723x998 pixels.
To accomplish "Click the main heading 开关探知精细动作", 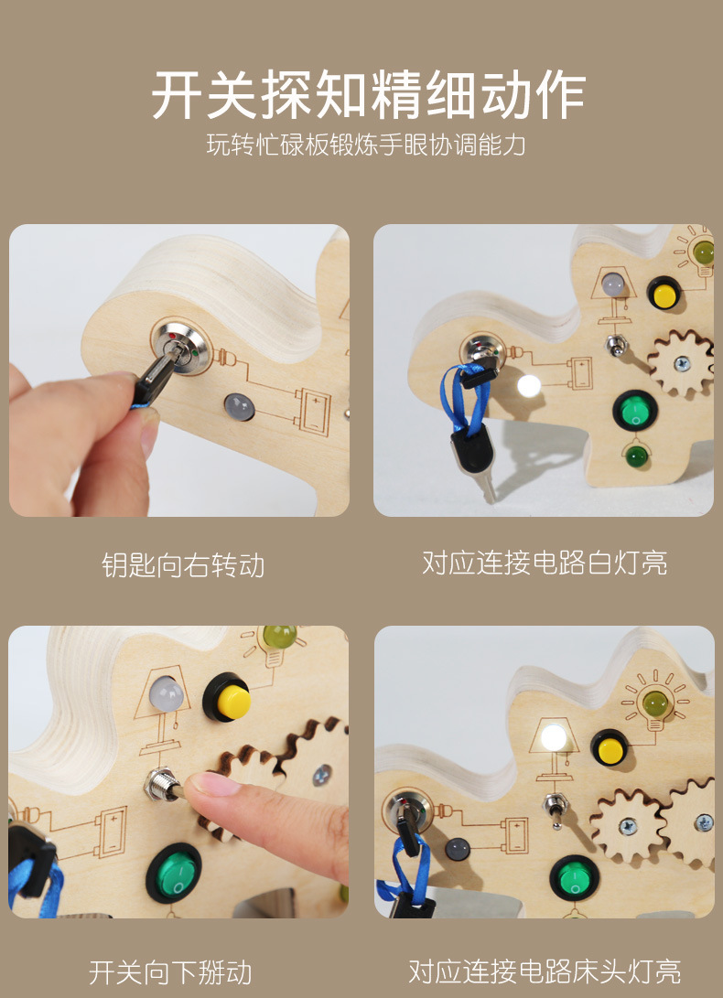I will coord(368,95).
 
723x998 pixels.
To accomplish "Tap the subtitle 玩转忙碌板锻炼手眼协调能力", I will coord(366,145).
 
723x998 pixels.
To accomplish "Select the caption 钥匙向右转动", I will coord(183,565).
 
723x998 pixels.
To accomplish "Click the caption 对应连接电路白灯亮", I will coord(545,563).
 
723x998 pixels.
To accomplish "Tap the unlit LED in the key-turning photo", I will coord(238,406).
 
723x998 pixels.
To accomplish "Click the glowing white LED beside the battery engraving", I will coord(529,385).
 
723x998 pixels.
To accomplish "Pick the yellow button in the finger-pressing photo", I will coord(232,701).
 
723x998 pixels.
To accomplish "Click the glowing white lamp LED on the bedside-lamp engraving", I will coord(554,736).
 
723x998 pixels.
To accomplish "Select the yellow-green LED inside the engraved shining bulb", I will coord(655,703).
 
